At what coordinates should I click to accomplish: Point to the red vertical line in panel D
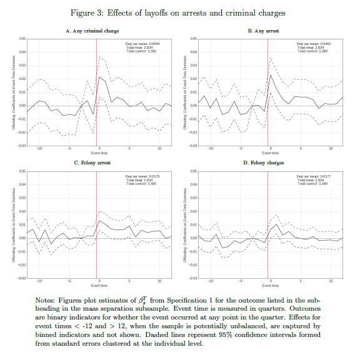click(268, 225)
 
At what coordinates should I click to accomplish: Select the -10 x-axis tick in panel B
click(210, 149)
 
